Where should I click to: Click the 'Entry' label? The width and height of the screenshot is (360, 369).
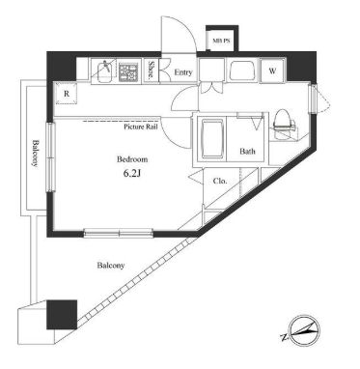click(x=183, y=71)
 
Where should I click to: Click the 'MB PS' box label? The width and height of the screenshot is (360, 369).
click(x=222, y=42)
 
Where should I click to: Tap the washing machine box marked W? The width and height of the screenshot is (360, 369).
click(x=273, y=71)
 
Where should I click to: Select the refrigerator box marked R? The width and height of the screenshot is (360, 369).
click(x=66, y=94)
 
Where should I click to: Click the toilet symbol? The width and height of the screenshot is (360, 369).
click(x=282, y=120)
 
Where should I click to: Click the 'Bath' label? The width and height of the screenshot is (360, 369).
click(x=247, y=151)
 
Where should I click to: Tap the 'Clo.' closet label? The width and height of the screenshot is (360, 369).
click(x=219, y=181)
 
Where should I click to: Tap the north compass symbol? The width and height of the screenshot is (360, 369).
click(x=301, y=331)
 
